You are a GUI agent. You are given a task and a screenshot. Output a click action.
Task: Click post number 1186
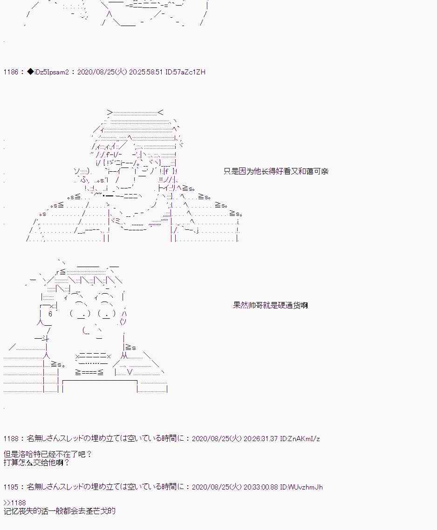click(10, 72)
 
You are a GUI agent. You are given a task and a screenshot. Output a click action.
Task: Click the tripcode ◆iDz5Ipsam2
click(48, 72)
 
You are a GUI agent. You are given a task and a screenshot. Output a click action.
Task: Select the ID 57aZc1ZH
click(185, 72)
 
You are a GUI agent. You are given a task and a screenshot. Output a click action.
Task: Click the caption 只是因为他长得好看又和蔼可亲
click(276, 171)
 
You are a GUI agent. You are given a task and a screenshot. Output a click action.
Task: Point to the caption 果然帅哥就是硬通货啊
click(270, 305)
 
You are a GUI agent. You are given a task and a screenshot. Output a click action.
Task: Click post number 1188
click(10, 439)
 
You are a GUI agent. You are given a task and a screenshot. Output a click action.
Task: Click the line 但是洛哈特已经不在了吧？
click(48, 454)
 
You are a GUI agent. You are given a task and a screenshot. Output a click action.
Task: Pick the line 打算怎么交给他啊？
click(36, 463)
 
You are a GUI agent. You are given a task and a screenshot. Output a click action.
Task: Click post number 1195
click(10, 487)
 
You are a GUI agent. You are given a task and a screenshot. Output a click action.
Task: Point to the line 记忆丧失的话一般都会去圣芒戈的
click(59, 511)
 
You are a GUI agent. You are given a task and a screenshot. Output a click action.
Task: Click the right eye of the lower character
click(108, 314)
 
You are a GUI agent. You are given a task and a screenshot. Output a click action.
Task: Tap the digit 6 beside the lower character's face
click(50, 314)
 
